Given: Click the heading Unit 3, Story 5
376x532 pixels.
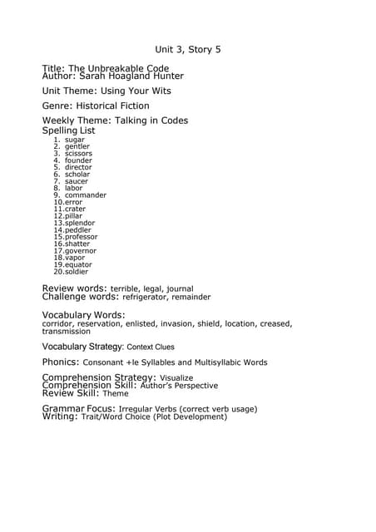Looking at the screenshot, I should (x=188, y=50).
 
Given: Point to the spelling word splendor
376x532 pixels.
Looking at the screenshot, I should (x=80, y=223).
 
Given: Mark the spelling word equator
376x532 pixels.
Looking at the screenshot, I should (x=78, y=264).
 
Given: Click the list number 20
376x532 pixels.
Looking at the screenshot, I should (x=58, y=272).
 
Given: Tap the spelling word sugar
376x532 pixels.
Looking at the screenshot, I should (x=75, y=140).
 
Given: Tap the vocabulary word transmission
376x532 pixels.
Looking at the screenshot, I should (x=67, y=331).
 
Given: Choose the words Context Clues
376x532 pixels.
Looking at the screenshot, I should (x=151, y=347).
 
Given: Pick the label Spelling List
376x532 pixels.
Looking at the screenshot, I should (x=68, y=131).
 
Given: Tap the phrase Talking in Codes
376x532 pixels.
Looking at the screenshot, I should (x=146, y=121).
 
